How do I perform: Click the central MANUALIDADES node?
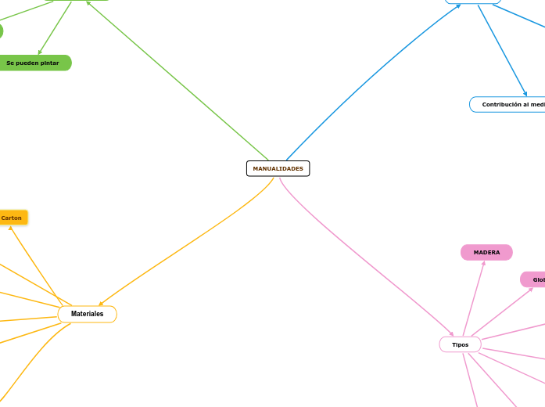(x=278, y=168)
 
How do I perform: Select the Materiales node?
(x=87, y=314)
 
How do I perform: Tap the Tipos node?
(x=460, y=344)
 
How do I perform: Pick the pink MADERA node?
(x=486, y=252)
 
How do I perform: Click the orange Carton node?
(x=12, y=218)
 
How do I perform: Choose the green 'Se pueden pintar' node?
(x=33, y=63)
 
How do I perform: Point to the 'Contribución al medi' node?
(x=508, y=104)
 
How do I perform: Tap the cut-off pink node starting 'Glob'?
(x=534, y=279)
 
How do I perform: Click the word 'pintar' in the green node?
(x=48, y=63)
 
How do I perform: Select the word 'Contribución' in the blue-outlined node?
(x=500, y=104)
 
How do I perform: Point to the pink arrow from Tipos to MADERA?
(x=474, y=298)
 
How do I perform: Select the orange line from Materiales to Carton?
(x=37, y=266)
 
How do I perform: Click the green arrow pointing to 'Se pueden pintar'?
(x=55, y=28)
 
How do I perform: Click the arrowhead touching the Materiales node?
(x=101, y=304)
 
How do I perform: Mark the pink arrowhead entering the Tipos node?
(x=450, y=334)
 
